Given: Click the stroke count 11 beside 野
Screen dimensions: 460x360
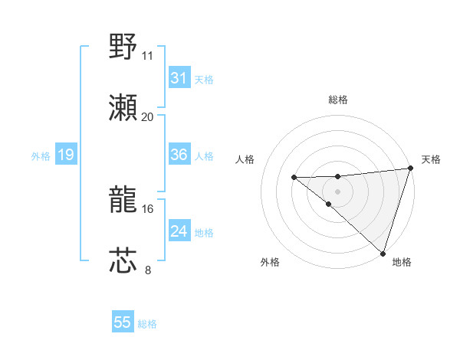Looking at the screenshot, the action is (148, 56).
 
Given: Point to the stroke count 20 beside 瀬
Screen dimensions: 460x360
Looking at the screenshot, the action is (148, 116).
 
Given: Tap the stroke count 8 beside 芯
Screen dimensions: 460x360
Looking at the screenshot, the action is (148, 270).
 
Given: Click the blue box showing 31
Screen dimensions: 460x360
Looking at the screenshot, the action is (179, 78).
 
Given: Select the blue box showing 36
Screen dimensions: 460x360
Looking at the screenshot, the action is (179, 155).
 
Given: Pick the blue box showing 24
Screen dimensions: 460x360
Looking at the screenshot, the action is (179, 231).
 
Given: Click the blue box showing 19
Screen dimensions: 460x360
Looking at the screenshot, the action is (65, 155).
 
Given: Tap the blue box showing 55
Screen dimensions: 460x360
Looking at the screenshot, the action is (123, 322).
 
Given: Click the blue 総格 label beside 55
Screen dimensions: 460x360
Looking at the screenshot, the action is (147, 324).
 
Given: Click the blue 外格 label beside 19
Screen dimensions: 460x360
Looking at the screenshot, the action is (41, 156).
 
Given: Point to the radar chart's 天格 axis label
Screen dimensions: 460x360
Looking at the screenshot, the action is (431, 159).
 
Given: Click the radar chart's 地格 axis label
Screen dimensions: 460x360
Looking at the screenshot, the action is (402, 262).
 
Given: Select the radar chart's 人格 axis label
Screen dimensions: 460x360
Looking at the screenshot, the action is (245, 159).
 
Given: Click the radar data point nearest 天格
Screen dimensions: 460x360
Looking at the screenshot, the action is (410, 169).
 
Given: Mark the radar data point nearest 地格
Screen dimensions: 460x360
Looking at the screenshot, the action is (382, 253).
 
